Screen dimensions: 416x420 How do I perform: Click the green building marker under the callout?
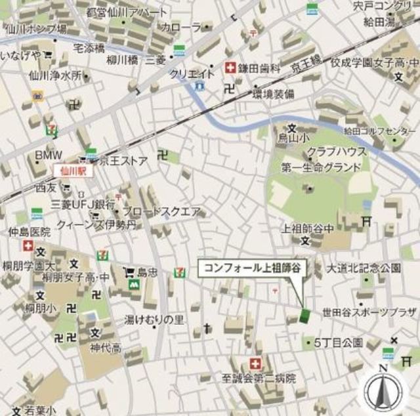click(304, 316)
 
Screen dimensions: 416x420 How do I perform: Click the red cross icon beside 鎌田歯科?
click(230, 68)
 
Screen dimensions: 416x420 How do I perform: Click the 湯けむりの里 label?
click(155, 320)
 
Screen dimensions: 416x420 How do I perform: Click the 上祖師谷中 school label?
click(308, 228)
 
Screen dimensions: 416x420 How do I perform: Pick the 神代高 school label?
click(106, 347)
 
